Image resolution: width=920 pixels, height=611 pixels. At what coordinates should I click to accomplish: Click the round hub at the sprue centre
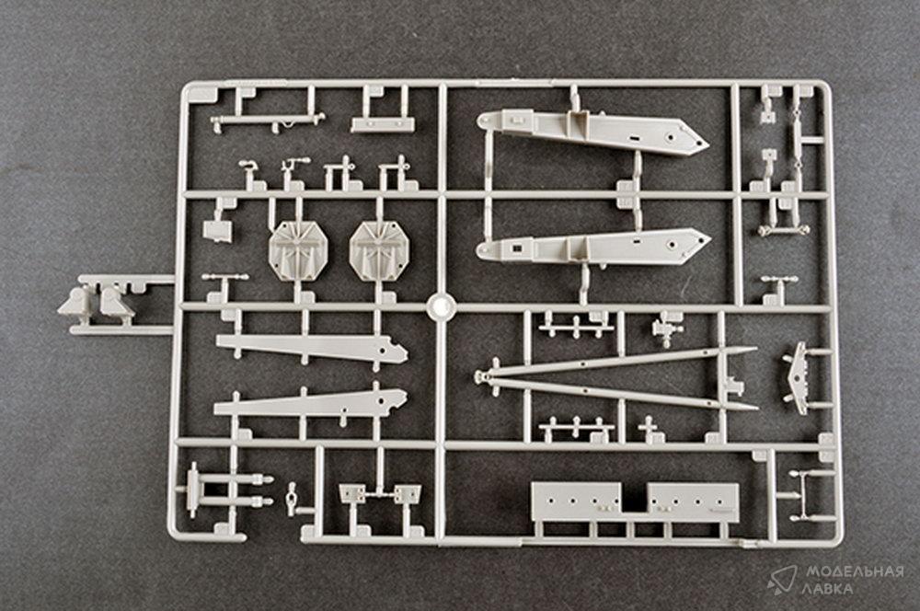[x=442, y=306]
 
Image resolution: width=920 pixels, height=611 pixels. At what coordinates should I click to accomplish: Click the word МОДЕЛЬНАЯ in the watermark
[x=855, y=571]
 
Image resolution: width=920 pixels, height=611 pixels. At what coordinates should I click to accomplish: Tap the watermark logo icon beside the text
[x=782, y=580]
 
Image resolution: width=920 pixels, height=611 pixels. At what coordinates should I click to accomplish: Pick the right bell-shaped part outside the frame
[x=116, y=302]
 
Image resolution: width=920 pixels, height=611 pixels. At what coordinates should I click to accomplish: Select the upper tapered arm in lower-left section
[x=312, y=347]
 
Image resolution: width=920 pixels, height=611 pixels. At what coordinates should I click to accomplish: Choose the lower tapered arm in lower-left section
[x=310, y=403]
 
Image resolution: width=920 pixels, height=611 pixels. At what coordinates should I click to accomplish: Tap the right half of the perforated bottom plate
[x=693, y=502]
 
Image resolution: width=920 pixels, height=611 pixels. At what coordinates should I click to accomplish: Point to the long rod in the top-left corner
[x=267, y=121]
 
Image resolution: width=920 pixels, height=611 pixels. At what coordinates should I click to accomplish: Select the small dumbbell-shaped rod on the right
[x=783, y=229]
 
